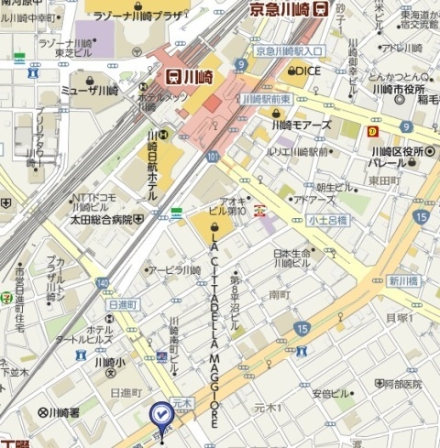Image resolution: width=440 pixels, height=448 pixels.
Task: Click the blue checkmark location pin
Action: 160,415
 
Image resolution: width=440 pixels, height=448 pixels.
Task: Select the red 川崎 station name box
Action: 191,78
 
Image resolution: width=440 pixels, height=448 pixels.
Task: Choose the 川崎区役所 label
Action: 392,152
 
